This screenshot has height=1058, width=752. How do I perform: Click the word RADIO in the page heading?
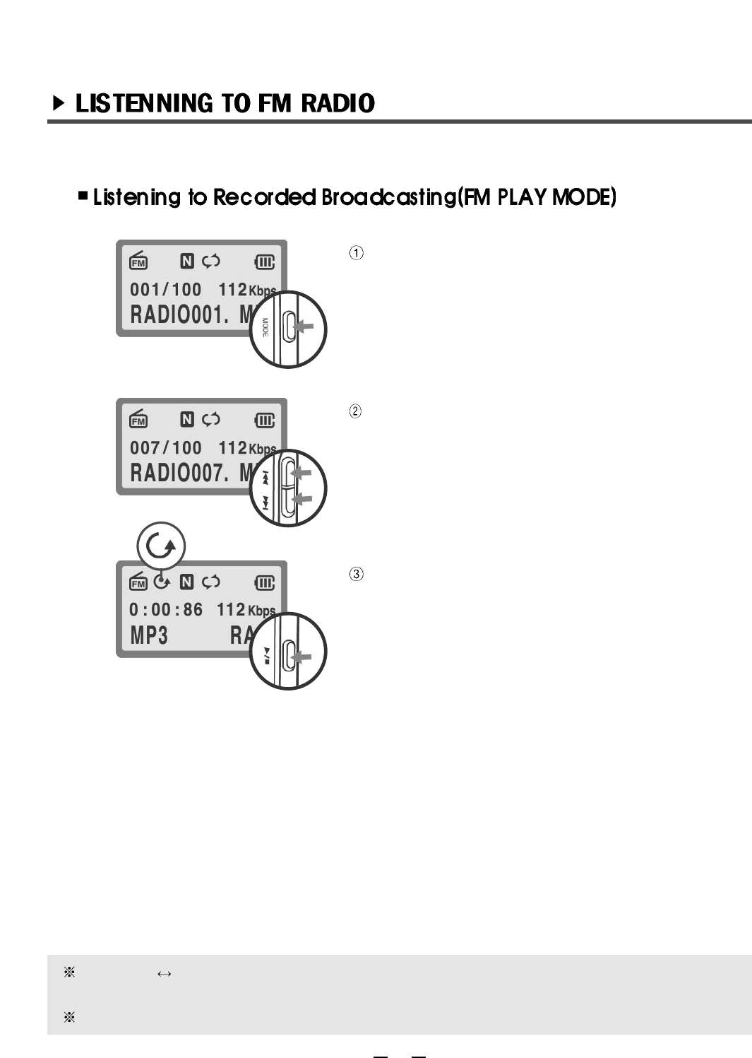338,103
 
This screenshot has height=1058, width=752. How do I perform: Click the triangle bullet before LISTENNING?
59,104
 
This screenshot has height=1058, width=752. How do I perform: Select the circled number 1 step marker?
357,253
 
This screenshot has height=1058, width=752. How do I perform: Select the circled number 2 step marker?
356,411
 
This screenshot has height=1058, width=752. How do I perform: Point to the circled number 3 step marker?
357,574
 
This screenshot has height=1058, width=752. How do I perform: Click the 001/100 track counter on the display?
165,290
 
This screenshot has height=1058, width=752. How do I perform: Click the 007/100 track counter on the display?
165,448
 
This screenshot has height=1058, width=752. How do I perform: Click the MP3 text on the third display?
149,636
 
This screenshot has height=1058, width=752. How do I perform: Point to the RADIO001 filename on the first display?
179,315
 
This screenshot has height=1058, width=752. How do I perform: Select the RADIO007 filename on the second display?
179,474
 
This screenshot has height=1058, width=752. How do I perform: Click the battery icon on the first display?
264,262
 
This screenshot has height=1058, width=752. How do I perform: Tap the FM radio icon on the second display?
138,419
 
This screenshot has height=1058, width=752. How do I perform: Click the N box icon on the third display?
186,582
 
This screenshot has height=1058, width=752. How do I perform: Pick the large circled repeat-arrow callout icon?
161,546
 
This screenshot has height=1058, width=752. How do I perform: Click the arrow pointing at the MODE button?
304,327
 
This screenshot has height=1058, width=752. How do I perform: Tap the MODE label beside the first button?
265,328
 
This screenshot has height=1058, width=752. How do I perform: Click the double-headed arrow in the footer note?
165,974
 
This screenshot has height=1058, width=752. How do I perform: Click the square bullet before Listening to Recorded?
83,195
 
